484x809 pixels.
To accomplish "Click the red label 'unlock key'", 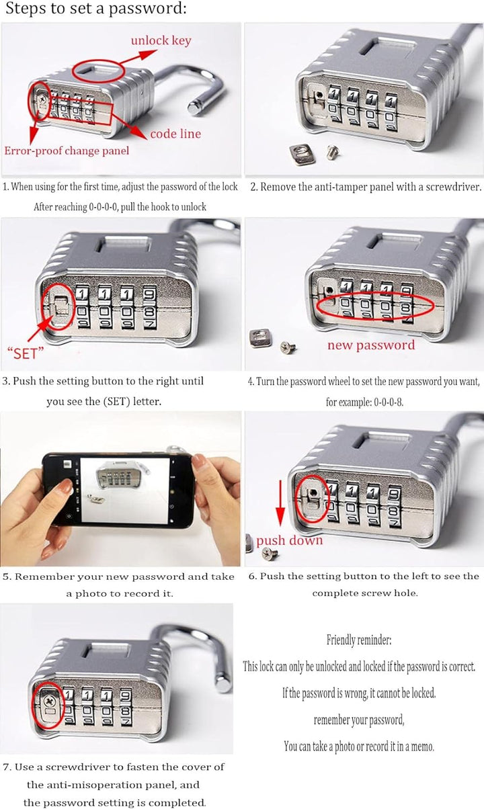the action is coord(161,40).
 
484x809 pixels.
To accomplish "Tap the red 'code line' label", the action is coord(175,134).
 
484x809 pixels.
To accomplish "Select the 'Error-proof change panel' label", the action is coord(67,151).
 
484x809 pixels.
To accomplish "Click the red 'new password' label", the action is coord(371,345).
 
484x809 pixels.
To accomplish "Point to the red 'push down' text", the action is coord(289,541).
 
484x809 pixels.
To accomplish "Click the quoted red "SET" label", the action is coord(26,353).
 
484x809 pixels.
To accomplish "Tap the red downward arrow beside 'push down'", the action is coord(280,503).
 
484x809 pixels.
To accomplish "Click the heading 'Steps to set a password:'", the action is coord(96,8).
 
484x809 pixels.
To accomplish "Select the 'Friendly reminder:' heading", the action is coord(359,640).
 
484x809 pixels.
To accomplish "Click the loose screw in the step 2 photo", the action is coord(332,152).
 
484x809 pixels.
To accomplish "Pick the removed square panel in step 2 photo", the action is coord(302,155).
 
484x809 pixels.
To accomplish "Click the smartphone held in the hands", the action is coord(119,490).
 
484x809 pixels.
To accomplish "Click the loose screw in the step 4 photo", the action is coord(288,347).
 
